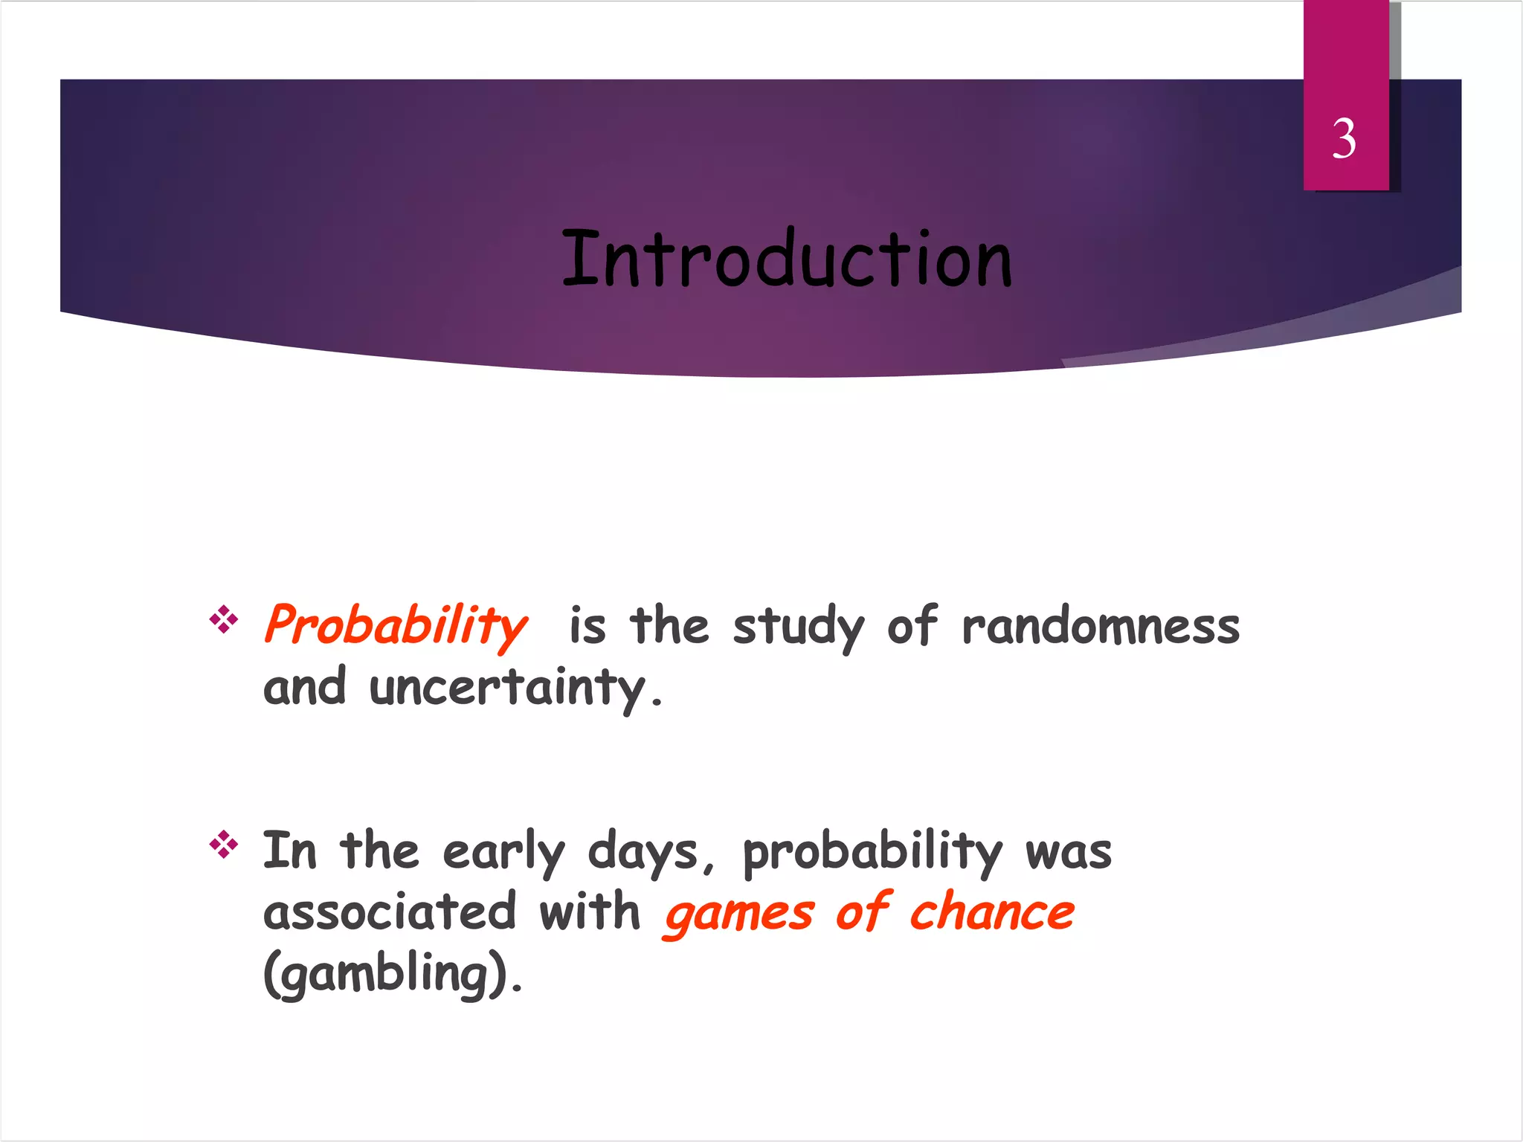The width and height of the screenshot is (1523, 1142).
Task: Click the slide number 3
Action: click(x=1344, y=139)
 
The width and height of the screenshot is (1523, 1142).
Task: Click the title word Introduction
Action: click(x=787, y=259)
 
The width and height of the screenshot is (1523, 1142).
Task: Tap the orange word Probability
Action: click(x=396, y=625)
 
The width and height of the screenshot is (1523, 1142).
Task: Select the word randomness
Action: click(x=1101, y=626)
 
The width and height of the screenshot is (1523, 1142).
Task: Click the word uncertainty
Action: click(x=508, y=688)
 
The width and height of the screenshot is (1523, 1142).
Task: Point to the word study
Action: click(x=798, y=627)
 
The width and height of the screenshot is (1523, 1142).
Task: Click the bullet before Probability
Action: click(x=223, y=619)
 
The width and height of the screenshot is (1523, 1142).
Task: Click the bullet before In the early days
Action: click(x=223, y=845)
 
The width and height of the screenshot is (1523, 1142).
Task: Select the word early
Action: click(x=503, y=852)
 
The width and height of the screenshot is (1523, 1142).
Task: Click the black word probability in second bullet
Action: click(x=872, y=852)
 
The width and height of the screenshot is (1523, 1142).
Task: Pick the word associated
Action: click(x=389, y=912)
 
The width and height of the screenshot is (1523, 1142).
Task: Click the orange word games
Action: click(x=739, y=914)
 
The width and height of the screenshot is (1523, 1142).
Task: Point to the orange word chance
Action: click(x=992, y=912)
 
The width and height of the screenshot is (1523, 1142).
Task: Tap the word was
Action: click(x=1069, y=852)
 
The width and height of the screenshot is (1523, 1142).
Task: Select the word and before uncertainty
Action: click(x=305, y=687)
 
